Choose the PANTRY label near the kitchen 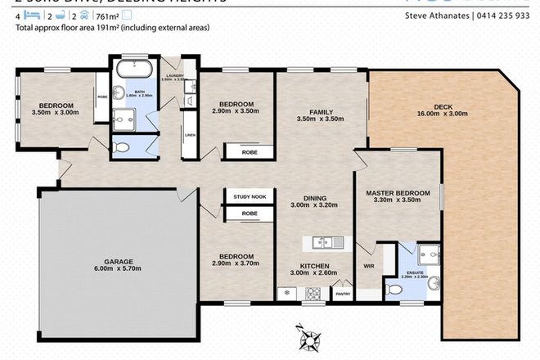343,295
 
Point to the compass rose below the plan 308,335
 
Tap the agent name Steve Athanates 442,16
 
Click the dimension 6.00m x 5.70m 119,268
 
